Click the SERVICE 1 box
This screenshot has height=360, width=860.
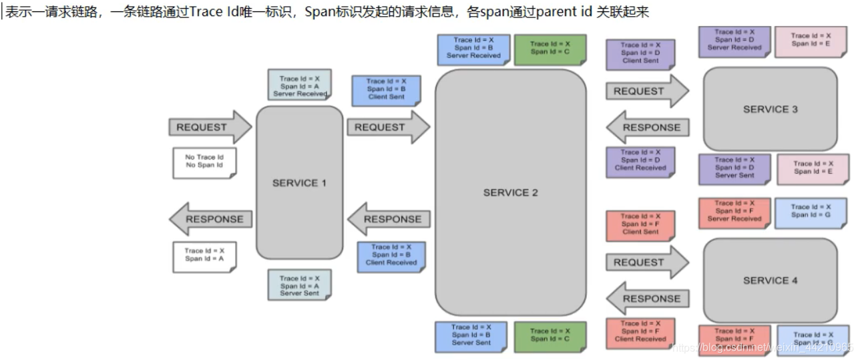pyautogui.click(x=299, y=182)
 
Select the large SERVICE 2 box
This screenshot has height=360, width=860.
pyautogui.click(x=510, y=192)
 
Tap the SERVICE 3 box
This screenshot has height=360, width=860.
pyautogui.click(x=770, y=109)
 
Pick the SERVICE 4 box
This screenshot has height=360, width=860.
pyautogui.click(x=770, y=281)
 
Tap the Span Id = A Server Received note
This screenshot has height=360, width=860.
pyautogui.click(x=299, y=86)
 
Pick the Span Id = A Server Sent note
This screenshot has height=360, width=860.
pyautogui.click(x=299, y=285)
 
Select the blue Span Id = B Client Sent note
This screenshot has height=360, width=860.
pyautogui.click(x=386, y=89)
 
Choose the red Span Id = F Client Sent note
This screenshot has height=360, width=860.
pyautogui.click(x=640, y=224)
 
